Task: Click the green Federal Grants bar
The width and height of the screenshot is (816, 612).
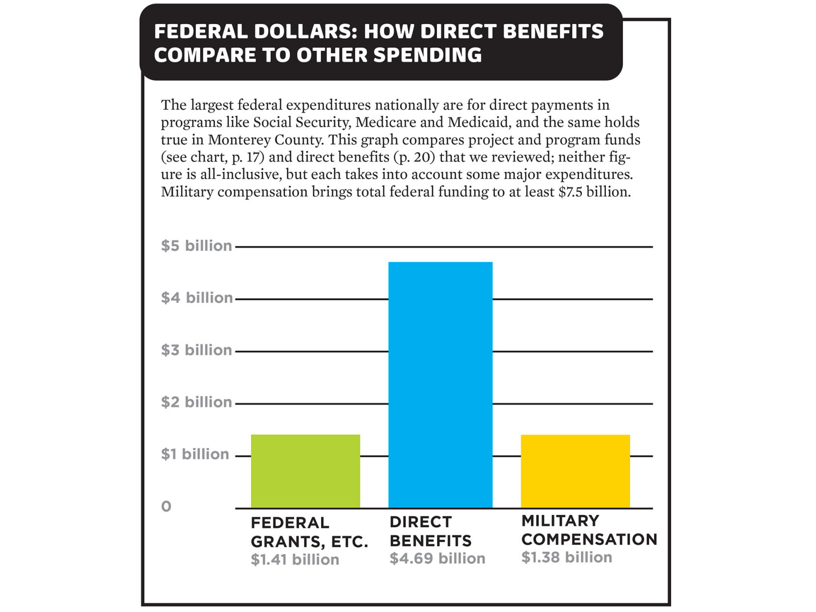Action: pyautogui.click(x=305, y=471)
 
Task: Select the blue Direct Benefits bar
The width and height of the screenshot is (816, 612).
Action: pyautogui.click(x=440, y=385)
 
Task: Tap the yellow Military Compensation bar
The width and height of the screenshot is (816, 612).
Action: pyautogui.click(x=575, y=471)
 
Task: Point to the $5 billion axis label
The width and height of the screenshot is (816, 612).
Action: pyautogui.click(x=196, y=245)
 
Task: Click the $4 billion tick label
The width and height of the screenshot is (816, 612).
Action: pyautogui.click(x=197, y=298)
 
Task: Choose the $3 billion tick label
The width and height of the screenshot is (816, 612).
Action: pyautogui.click(x=196, y=350)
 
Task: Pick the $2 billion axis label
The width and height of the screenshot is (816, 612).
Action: pyautogui.click(x=196, y=402)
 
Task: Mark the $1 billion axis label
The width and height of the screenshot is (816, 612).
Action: pyautogui.click(x=195, y=454)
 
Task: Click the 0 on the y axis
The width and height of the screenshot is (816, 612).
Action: pyautogui.click(x=166, y=506)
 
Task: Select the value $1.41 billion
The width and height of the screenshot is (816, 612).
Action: pyautogui.click(x=295, y=559)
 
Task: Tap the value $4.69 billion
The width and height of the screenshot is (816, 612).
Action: pyautogui.click(x=437, y=559)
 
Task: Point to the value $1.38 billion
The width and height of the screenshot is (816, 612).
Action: pyautogui.click(x=567, y=558)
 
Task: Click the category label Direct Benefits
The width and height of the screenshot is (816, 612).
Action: pyautogui.click(x=430, y=531)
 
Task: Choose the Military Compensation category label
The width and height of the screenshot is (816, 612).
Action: pyautogui.click(x=589, y=530)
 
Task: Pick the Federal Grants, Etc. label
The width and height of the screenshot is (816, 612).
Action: pyautogui.click(x=309, y=532)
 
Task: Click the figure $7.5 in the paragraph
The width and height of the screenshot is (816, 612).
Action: pyautogui.click(x=571, y=192)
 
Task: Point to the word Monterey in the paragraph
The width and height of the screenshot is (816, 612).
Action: pyautogui.click(x=239, y=140)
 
